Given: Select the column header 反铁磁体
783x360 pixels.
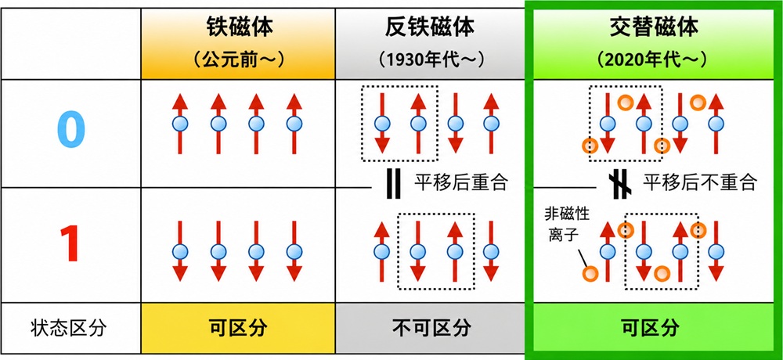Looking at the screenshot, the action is tap(430, 28).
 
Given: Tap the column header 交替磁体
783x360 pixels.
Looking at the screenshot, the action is tap(653, 28).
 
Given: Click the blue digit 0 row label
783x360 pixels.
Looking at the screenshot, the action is tap(71, 129).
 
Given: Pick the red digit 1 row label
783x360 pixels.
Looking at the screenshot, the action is tap(71, 244).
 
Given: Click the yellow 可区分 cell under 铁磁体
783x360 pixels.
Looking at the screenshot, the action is tap(238, 329).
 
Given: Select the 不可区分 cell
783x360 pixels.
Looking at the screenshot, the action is tap(430, 329).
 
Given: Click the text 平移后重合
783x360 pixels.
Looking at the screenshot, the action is tap(460, 183).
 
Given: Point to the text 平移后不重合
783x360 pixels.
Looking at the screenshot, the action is tap(700, 183).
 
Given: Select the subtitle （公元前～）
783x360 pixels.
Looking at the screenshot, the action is tap(238, 60).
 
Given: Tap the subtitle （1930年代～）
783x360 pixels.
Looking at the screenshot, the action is tap(430, 60).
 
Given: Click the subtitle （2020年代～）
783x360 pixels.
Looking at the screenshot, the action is tap(653, 60).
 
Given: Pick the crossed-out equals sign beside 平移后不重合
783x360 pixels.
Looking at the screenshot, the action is tap(621, 184).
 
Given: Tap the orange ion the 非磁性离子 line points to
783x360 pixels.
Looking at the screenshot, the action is tap(590, 273).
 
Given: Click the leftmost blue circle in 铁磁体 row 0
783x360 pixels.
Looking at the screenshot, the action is tap(180, 123).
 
